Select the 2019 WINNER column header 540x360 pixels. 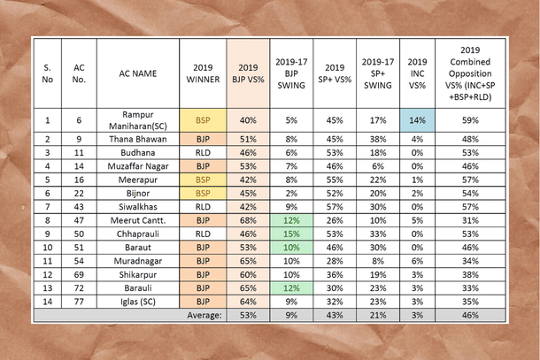(x=203, y=73)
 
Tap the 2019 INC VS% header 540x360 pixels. (x=417, y=73)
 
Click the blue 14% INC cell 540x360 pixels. (x=417, y=120)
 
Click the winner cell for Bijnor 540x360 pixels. (x=203, y=192)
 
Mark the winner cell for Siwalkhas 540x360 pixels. (x=203, y=206)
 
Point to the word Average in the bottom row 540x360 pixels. (x=203, y=314)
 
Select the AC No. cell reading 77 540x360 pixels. (x=79, y=301)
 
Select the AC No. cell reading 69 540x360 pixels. (x=79, y=273)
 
